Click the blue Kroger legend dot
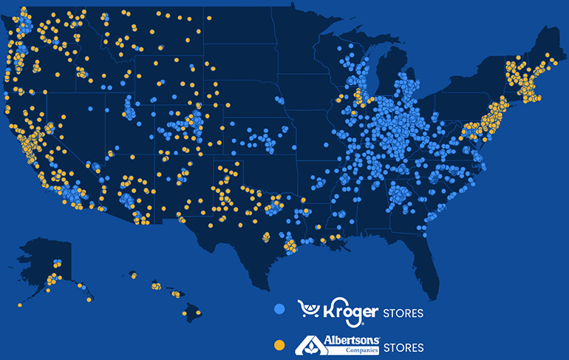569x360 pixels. [279, 311]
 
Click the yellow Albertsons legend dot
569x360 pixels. [279, 345]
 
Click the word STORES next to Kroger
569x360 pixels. [403, 313]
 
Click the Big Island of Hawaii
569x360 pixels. [194, 314]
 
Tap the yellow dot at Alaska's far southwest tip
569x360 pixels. [20, 304]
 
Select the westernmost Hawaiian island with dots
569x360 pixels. [134, 275]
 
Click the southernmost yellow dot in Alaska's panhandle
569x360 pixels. [92, 299]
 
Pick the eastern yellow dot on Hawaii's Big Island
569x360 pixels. [199, 311]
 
